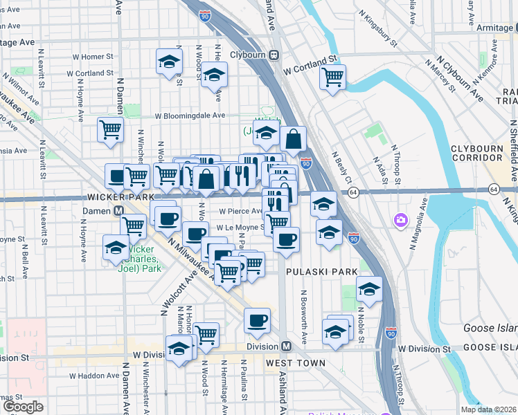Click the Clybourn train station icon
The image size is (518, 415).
[x=274, y=55]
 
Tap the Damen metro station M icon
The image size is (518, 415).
[x=118, y=210]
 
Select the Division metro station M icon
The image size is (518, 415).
[x=285, y=346]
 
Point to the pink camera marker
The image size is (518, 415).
[x=400, y=221]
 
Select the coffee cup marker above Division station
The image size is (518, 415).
[x=257, y=320]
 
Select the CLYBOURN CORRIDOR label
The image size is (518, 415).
[x=481, y=153]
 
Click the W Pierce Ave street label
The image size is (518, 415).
[x=240, y=212]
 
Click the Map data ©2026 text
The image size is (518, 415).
[x=488, y=409]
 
